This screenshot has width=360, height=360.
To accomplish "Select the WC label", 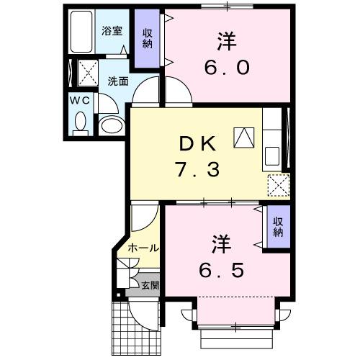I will [80, 101].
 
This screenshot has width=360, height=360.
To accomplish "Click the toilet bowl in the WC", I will [80, 124].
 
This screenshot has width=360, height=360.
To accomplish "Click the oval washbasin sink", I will [111, 127].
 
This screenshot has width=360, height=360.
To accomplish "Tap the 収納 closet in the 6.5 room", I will [278, 228].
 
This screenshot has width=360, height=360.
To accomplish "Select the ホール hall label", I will [143, 248].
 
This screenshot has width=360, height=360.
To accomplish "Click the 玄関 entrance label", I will [150, 286].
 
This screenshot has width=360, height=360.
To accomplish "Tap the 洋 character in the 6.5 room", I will [220, 243].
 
